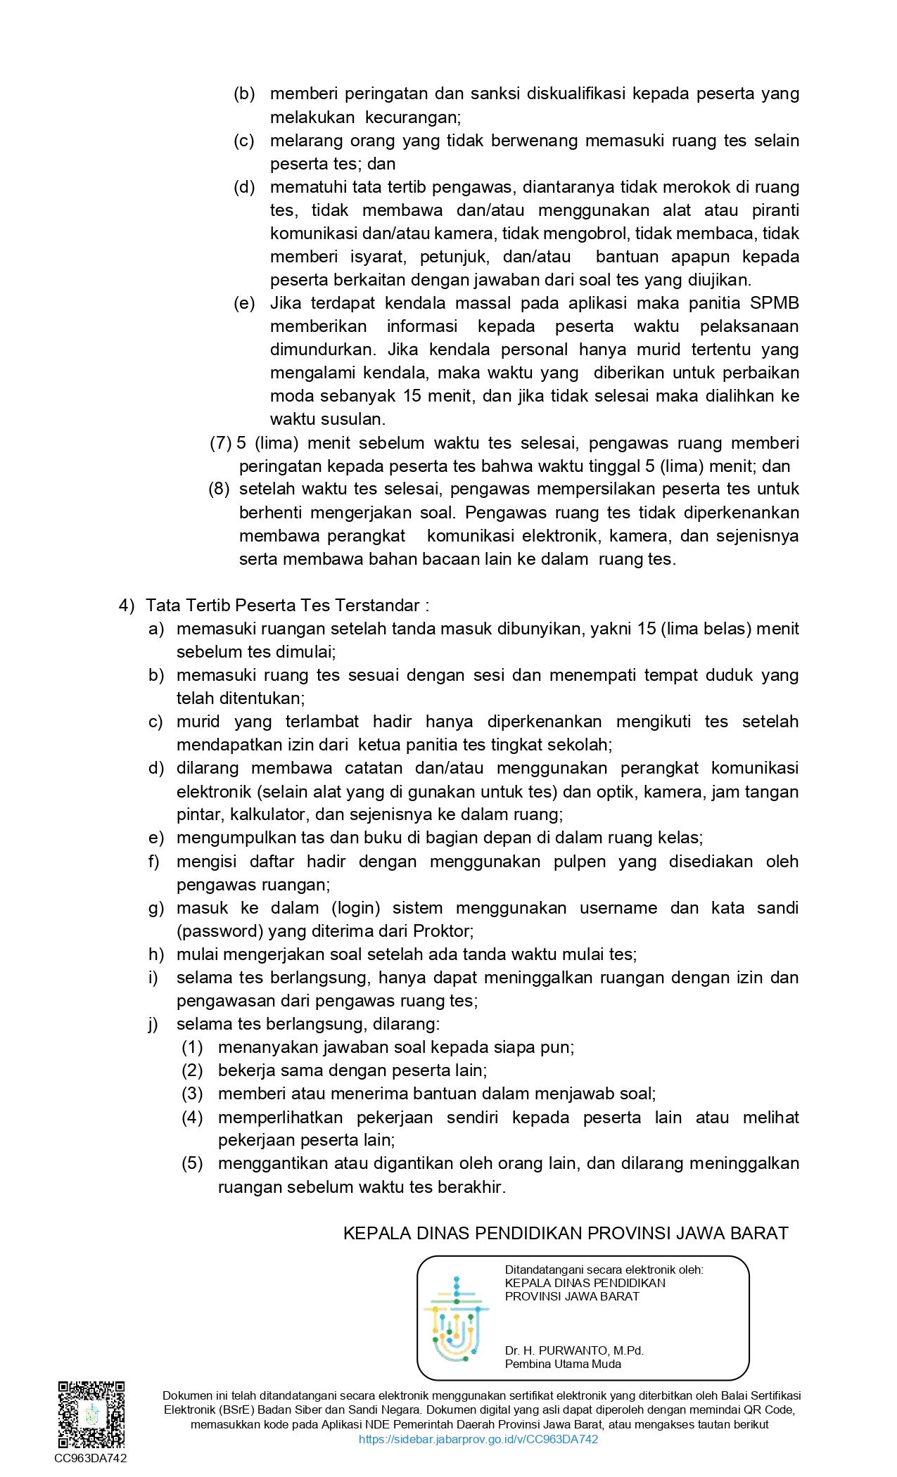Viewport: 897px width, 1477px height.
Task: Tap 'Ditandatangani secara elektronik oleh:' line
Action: (604, 1270)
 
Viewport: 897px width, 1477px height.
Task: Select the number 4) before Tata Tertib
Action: (127, 606)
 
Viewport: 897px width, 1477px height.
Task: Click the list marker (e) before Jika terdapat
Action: (244, 303)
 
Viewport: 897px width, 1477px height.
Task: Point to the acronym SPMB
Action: (775, 303)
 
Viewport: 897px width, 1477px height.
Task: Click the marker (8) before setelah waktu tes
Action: (219, 489)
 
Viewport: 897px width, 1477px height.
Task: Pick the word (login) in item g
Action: (355, 908)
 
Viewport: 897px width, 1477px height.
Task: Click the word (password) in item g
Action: (220, 931)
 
